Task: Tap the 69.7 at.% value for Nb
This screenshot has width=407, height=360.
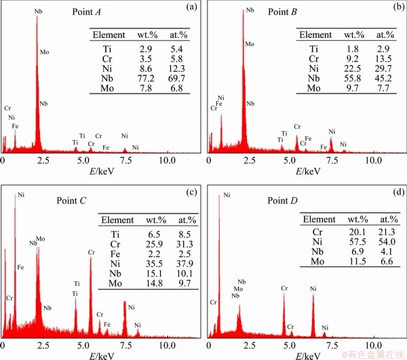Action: click(x=178, y=79)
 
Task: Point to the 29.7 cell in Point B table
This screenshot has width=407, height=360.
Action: click(x=385, y=68)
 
